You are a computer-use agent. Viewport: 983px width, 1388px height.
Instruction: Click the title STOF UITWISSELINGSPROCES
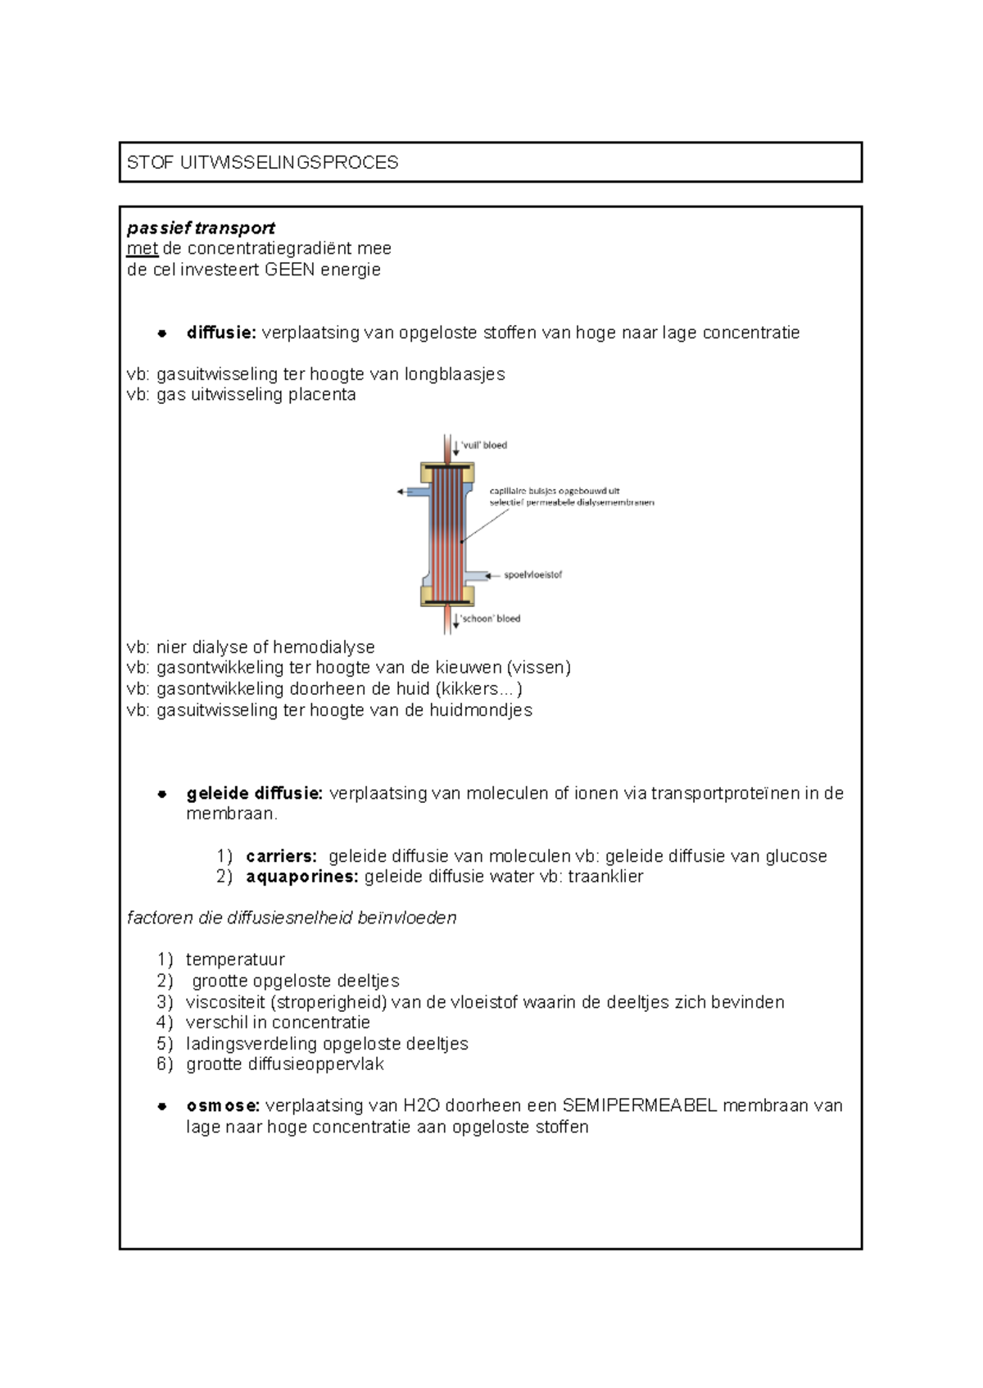point(262,162)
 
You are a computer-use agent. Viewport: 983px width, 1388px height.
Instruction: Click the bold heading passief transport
point(201,228)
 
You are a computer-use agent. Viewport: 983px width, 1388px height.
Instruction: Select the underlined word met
point(142,248)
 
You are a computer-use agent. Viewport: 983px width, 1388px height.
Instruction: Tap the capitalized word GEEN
point(290,270)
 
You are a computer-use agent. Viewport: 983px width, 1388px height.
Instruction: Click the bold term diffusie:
point(221,333)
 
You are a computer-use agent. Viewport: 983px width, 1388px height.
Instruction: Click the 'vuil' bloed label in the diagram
point(484,446)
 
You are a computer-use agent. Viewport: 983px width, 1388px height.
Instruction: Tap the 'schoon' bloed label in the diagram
point(490,619)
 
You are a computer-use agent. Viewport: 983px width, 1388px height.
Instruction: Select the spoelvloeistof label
point(532,575)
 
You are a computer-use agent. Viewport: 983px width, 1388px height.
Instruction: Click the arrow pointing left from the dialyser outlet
point(401,492)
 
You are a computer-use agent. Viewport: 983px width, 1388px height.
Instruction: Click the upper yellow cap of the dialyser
point(447,473)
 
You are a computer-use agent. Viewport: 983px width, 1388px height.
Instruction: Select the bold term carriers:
point(281,856)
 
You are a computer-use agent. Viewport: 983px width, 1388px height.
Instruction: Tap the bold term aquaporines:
point(301,877)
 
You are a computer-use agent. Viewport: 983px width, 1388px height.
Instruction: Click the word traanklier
point(605,877)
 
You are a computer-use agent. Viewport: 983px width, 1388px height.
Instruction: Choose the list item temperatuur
point(235,959)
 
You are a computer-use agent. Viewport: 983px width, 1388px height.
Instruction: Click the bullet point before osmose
point(162,1106)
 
